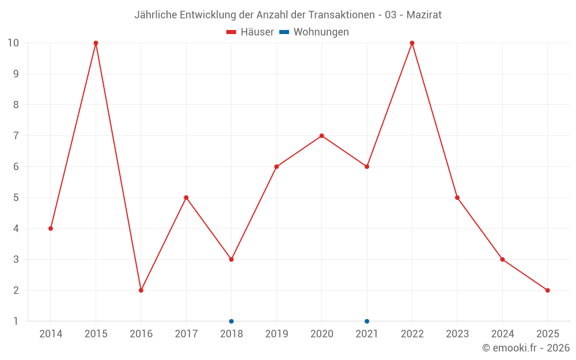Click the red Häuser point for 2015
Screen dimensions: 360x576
(96, 43)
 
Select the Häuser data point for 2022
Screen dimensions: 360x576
(412, 43)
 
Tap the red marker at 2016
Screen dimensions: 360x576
(141, 290)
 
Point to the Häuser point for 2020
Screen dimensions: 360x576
(321, 136)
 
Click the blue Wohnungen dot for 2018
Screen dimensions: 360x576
(231, 321)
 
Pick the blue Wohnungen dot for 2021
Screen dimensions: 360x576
(367, 321)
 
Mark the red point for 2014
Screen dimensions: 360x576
(51, 229)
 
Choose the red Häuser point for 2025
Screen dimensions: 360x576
(547, 290)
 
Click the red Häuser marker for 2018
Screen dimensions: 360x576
(231, 259)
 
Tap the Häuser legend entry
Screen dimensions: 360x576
(251, 32)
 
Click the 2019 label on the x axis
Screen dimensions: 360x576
(276, 334)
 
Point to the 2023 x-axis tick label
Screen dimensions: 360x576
(457, 334)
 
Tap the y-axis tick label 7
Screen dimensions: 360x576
(16, 136)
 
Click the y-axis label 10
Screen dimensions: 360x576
(13, 43)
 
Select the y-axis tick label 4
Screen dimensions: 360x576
(16, 229)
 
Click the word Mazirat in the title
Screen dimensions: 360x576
(424, 15)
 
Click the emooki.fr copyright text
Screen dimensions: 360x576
(526, 348)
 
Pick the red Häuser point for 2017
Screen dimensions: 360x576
(186, 198)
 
